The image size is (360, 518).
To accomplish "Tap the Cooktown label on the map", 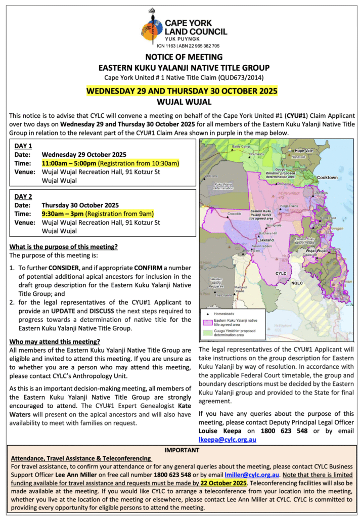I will tap(327, 178).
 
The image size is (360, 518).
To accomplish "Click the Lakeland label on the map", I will tap(266, 240).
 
